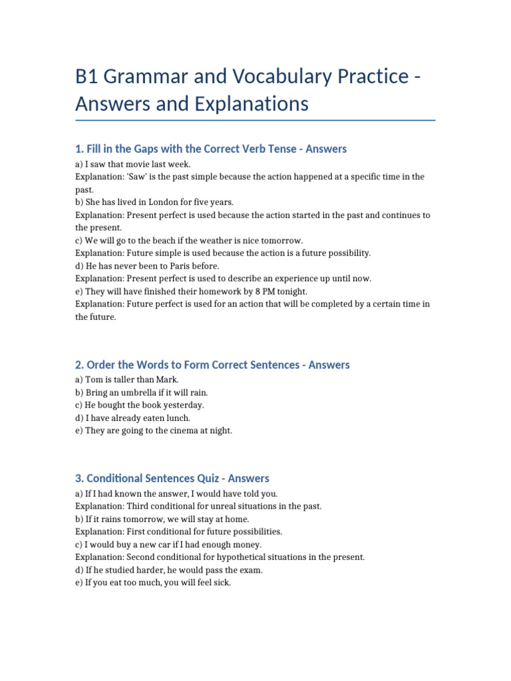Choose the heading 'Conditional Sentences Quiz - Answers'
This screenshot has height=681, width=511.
(172, 478)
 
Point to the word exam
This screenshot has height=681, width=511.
(250, 570)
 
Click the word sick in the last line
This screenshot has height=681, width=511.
(222, 583)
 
